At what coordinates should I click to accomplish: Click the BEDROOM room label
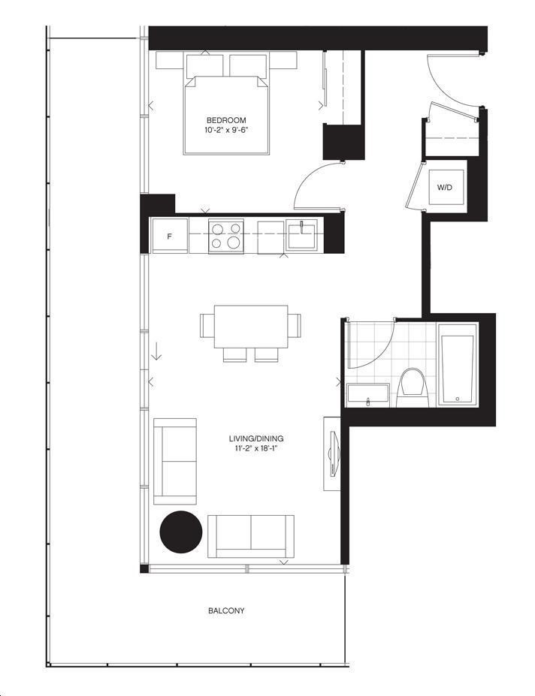click(x=226, y=120)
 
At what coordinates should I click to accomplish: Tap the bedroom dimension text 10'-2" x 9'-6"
click(x=226, y=130)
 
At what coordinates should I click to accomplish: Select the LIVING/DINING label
click(x=256, y=438)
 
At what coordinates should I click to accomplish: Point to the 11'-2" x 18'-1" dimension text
click(x=256, y=448)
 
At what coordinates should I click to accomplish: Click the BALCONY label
click(x=226, y=610)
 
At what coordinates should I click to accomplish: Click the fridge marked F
click(x=169, y=236)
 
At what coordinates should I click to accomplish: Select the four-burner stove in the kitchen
click(x=226, y=236)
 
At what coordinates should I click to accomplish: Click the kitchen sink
click(x=302, y=234)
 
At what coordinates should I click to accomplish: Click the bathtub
click(x=458, y=364)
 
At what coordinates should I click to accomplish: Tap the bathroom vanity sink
click(x=368, y=395)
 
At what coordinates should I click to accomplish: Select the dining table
click(x=251, y=327)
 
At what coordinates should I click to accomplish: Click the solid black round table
click(x=181, y=532)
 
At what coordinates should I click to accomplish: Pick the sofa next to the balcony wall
click(x=251, y=536)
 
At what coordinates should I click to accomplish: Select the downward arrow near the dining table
click(x=156, y=351)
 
